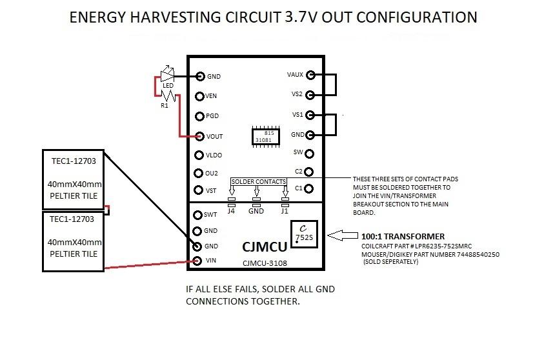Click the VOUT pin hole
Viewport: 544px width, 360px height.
200,136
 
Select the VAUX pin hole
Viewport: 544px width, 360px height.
310,75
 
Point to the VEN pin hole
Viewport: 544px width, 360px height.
200,97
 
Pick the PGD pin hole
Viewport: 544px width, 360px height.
200,116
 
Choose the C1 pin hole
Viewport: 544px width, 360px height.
310,189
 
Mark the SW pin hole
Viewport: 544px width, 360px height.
310,154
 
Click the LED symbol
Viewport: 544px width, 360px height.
166,74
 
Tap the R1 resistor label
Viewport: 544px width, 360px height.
165,106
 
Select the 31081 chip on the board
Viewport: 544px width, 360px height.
265,136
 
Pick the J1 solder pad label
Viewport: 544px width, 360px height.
285,211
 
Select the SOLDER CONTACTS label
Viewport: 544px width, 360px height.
258,183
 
